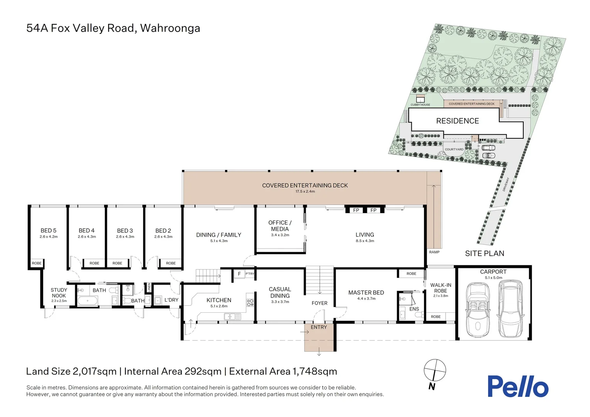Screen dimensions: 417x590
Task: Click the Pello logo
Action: (517, 386)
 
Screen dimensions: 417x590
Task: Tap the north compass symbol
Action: (434, 370)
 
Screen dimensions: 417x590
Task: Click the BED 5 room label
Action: (49, 231)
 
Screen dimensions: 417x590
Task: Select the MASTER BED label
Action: (366, 293)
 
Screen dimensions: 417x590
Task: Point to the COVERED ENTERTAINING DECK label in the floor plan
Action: (305, 185)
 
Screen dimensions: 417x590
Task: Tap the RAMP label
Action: (434, 252)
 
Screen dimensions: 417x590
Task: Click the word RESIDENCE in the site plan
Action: (457, 121)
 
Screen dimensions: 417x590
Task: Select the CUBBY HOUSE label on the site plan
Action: (420, 105)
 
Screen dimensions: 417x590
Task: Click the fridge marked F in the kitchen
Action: (239, 274)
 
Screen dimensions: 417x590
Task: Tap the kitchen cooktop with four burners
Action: (250, 303)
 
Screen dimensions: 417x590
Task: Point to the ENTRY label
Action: (319, 327)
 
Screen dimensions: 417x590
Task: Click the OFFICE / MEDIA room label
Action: (280, 225)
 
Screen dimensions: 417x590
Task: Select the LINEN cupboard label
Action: (149, 288)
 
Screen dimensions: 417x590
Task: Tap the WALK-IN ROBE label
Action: (440, 288)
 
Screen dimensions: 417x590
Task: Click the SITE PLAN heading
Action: (484, 253)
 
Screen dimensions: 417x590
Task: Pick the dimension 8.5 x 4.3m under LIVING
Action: (365, 241)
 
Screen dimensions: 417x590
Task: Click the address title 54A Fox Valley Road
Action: (113, 28)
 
